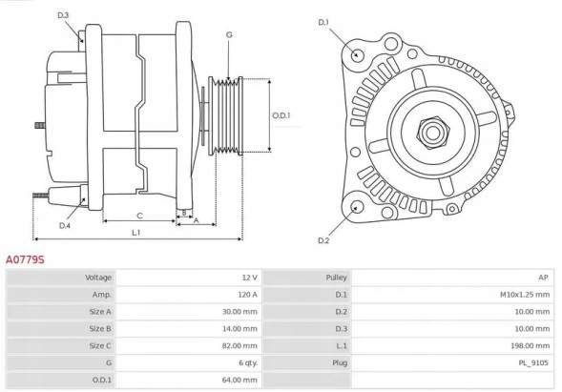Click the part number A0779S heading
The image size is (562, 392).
25,258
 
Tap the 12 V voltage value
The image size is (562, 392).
248,277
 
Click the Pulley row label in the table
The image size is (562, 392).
336,277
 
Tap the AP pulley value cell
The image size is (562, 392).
543,277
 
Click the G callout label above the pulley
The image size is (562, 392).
229,35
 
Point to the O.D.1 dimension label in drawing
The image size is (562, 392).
281,115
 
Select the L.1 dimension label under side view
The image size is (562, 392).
136,232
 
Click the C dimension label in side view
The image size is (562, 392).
139,216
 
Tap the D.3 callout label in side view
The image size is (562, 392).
63,15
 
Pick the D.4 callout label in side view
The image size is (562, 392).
64,225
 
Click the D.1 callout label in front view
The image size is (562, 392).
323,21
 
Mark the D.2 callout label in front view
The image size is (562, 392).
323,239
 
